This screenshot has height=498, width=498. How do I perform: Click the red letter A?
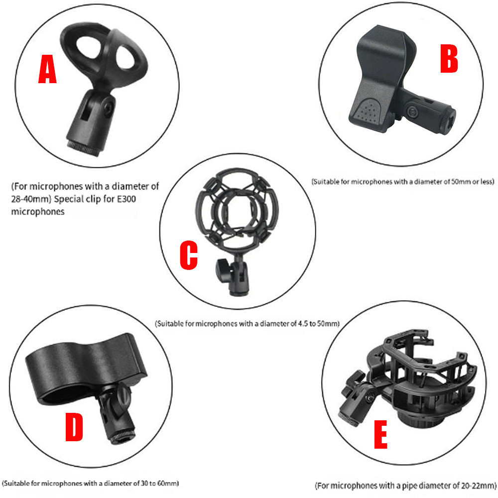[x=47, y=69]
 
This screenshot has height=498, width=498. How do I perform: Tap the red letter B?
[x=449, y=58]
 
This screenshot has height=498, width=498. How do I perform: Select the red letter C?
[x=189, y=255]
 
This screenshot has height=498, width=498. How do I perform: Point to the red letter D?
[x=74, y=427]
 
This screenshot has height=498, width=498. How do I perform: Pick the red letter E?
[x=381, y=434]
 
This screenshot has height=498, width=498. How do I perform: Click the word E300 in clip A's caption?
[x=126, y=199]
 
